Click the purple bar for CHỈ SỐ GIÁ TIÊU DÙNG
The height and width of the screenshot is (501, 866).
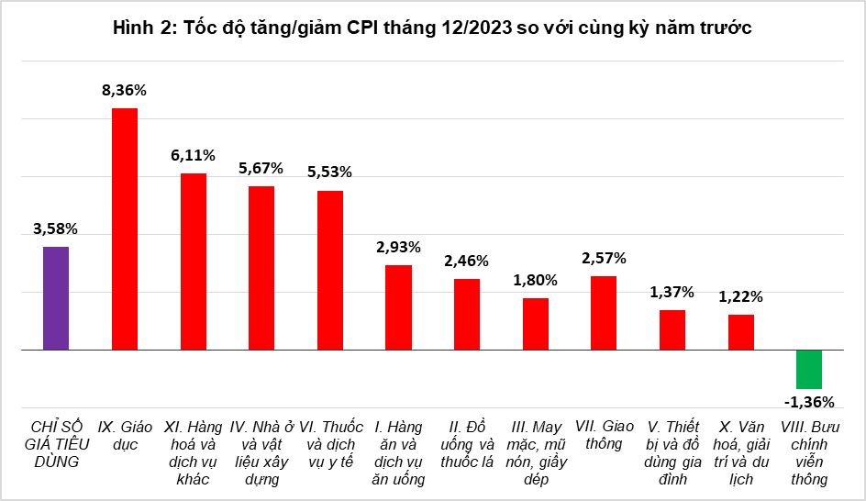pos(56,298)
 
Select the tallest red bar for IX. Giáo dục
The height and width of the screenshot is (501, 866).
pos(125,229)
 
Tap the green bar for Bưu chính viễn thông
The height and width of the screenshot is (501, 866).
pos(809,370)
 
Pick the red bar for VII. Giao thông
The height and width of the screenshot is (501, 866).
pos(604,313)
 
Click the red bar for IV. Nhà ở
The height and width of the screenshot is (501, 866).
pos(261,269)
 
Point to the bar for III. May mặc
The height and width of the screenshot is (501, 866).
pos(536,324)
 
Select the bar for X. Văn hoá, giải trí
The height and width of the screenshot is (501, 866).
pos(741,332)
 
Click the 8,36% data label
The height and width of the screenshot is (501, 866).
pos(124,90)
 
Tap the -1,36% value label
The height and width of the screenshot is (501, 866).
pos(809,402)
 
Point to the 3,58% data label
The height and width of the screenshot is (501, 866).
pos(55,228)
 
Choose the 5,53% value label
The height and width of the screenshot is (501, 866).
pos(329,172)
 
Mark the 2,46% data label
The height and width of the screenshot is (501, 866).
pos(467,261)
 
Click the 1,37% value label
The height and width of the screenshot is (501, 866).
pos(672,292)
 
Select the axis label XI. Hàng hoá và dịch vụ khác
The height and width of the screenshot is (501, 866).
pos(193,453)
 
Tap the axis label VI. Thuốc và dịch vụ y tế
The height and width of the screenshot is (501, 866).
pos(331,444)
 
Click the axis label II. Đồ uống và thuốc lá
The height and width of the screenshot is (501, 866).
pos(467,444)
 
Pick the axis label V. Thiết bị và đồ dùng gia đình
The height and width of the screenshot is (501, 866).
pos(672,453)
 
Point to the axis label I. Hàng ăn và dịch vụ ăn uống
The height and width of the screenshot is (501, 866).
pos(398,453)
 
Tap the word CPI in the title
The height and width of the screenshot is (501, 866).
pos(363,28)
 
